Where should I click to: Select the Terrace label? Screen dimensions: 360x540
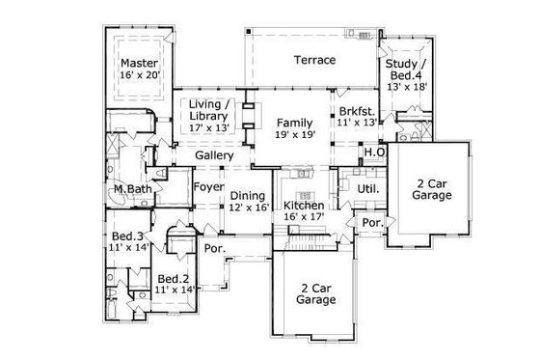point(314,61)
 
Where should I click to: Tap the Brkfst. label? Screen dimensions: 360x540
point(354,111)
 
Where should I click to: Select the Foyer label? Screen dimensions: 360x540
point(209,186)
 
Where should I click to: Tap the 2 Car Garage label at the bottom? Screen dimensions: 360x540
point(316,292)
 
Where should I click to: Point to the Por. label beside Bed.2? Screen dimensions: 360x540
point(214,248)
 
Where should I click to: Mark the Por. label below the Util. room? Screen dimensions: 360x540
point(370,223)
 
